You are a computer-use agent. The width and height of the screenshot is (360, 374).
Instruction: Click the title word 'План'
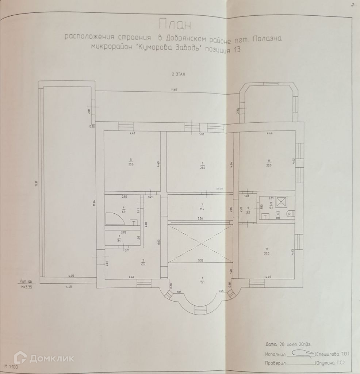coord(175,26)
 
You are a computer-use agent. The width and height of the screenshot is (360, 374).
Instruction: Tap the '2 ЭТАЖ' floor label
coord(179,74)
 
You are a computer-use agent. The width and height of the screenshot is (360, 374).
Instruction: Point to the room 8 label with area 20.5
coord(269,162)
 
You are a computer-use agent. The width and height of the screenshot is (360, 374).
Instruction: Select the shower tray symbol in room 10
coord(281,202)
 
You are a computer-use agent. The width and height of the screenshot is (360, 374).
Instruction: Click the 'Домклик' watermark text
coord(51,358)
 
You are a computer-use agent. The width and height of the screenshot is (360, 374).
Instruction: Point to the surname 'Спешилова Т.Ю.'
coord(333,354)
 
